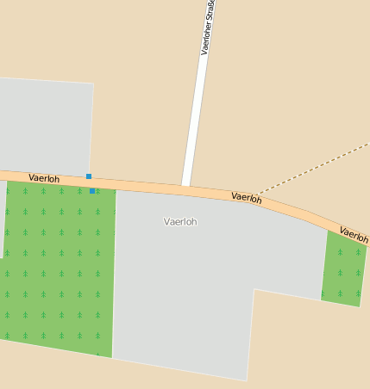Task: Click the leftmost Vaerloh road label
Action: point(44,178)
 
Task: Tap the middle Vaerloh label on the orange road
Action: point(246,198)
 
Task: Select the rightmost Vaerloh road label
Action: point(354,233)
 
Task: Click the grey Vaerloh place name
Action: point(180,222)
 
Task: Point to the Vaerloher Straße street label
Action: point(207,28)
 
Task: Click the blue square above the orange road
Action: point(89,176)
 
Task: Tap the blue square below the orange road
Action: point(92,191)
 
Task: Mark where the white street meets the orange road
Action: point(185,186)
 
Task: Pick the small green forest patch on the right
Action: point(343,269)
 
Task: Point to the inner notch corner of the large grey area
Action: point(254,289)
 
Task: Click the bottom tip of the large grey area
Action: point(246,380)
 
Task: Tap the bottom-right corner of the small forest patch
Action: point(359,306)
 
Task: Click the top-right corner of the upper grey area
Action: point(93,83)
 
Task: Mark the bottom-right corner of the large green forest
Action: point(112,357)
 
